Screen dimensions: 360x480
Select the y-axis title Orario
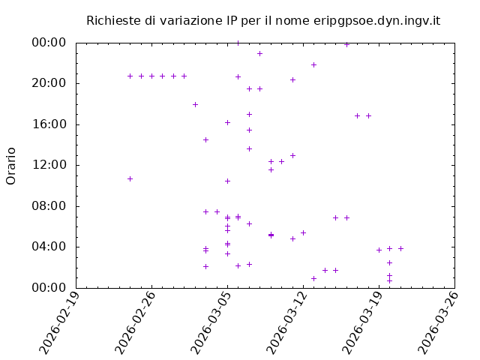coord(11,166)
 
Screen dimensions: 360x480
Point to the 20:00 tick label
coord(49,83)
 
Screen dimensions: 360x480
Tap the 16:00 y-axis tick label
coord(49,124)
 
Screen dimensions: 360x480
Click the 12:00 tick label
coord(49,165)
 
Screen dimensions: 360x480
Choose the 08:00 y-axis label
coord(49,206)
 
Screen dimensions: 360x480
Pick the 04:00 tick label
coord(49,247)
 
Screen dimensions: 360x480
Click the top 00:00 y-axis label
coord(49,43)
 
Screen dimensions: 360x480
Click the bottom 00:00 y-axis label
coord(49,288)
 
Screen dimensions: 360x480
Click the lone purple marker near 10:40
coord(130,178)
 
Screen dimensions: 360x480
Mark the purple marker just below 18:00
coord(195,104)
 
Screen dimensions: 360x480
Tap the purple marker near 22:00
coord(313,64)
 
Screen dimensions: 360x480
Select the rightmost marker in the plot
coord(400,248)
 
